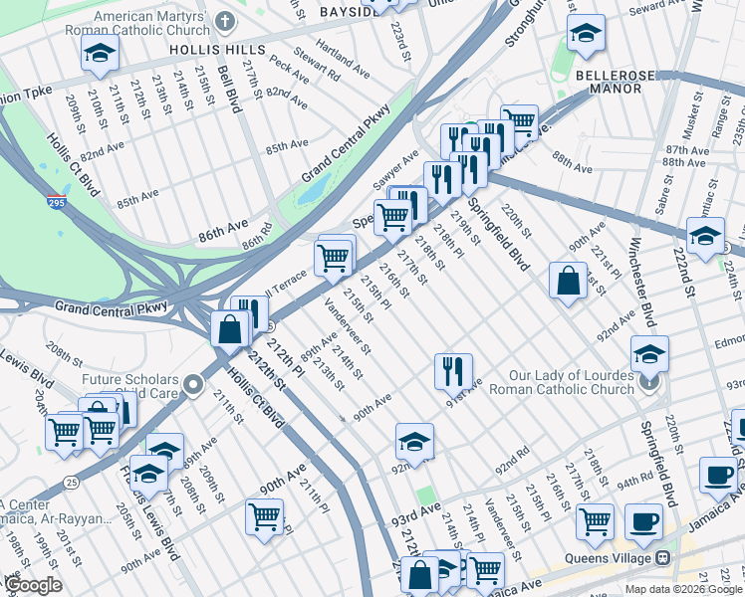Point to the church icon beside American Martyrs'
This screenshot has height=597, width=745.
pyautogui.click(x=226, y=21)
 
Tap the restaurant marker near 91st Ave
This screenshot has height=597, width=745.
pyautogui.click(x=453, y=371)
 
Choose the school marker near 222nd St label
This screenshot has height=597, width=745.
pyautogui.click(x=705, y=237)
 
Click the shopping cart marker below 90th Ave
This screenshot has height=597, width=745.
pyautogui.click(x=265, y=516)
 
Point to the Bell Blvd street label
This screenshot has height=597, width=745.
pyautogui.click(x=225, y=87)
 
